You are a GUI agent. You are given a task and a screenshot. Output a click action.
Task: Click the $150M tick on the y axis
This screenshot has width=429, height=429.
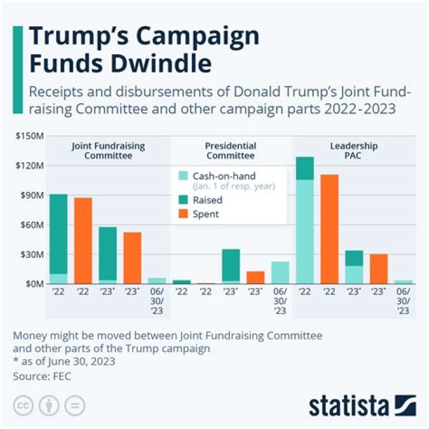pyautogui.click(x=30, y=136)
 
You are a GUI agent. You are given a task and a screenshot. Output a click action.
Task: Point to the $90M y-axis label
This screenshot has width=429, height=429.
pyautogui.click(x=31, y=195)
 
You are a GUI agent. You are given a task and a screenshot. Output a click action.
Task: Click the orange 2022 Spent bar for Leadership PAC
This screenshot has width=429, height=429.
pyautogui.click(x=329, y=229)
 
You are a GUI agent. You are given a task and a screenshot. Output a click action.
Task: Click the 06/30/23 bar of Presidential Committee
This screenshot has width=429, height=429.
pyautogui.click(x=280, y=272)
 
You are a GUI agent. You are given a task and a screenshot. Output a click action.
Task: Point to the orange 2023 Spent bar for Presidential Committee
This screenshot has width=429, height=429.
pyautogui.click(x=256, y=278)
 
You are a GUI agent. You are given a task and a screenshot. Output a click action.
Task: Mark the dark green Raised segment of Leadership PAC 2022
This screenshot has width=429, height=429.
pyautogui.click(x=304, y=168)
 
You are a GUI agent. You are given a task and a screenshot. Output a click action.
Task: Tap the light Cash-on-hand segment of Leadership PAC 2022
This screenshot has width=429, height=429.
pyautogui.click(x=304, y=232)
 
